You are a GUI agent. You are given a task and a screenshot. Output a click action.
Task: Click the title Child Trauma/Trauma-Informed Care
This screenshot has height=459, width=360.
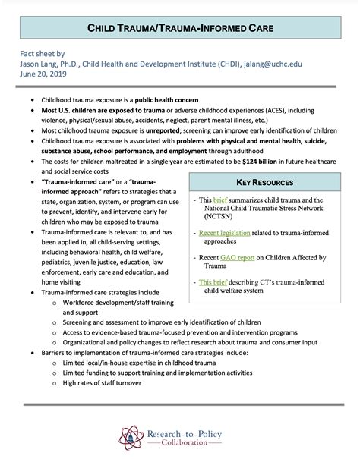tap(180, 28)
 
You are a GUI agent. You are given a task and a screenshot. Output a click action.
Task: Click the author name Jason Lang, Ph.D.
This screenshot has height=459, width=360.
tap(54, 65)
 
